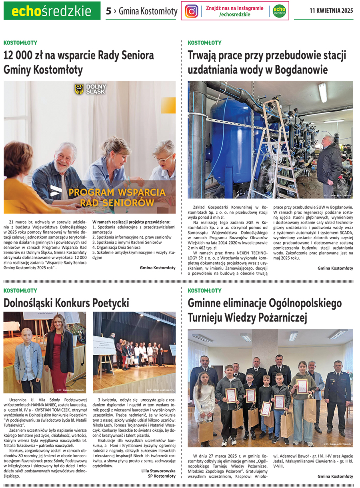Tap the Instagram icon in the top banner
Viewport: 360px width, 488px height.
pos(192,11)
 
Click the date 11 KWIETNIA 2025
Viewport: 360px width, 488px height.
pos(331,11)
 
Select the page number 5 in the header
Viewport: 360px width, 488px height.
pos(108,11)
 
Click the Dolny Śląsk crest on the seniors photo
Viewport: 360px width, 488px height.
pos(79,89)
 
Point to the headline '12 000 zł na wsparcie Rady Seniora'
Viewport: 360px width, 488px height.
pos(79,55)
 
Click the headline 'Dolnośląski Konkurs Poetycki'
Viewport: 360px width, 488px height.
pos(66,303)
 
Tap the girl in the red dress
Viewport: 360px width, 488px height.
pos(59,352)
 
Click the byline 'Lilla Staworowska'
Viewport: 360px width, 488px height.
pos(158,471)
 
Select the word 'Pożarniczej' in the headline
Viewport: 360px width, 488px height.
pos(282,318)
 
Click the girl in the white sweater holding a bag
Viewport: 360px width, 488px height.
pos(204,400)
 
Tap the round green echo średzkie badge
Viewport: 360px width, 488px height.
pos(280,11)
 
